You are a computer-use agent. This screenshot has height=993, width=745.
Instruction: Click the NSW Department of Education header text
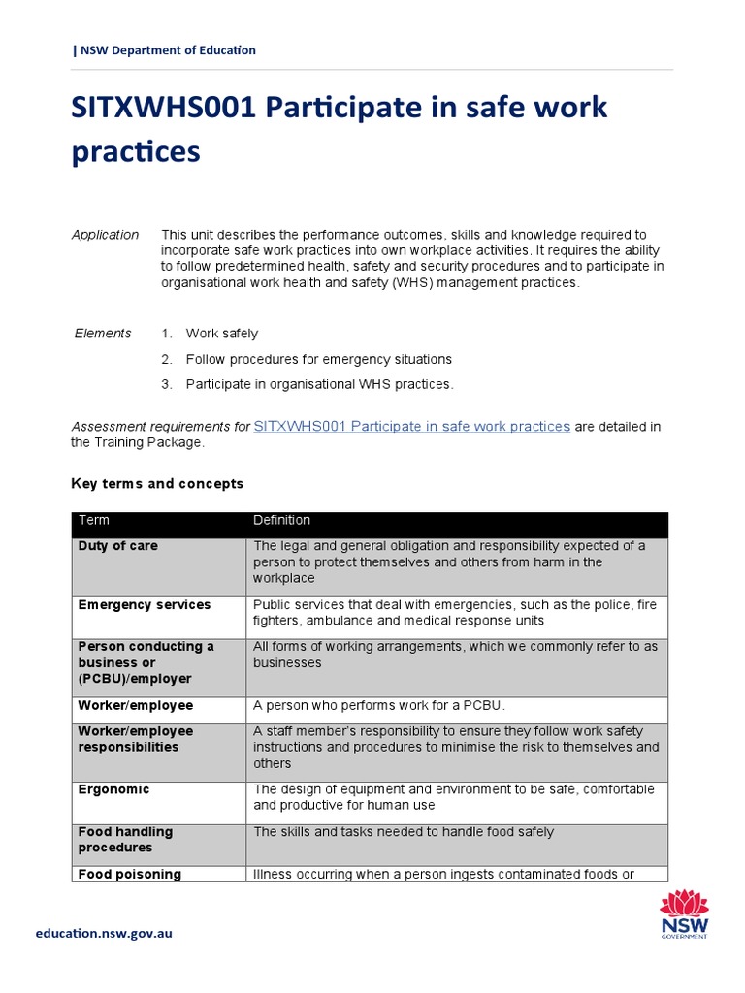click(x=167, y=50)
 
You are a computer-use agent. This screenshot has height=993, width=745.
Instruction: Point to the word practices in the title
click(x=136, y=151)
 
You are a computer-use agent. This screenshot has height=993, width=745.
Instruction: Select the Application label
click(x=106, y=235)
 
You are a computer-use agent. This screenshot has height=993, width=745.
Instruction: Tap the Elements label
click(x=103, y=334)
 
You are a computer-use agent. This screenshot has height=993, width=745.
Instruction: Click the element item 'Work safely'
click(x=222, y=334)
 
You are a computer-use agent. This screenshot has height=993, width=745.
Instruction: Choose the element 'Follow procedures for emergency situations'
click(x=319, y=359)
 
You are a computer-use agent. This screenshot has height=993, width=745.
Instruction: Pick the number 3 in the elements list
click(x=166, y=384)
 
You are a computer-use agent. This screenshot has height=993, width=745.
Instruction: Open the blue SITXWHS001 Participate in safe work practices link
click(x=411, y=426)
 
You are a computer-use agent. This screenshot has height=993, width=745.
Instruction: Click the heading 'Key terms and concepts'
click(x=157, y=483)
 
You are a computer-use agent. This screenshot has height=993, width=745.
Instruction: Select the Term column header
click(x=94, y=521)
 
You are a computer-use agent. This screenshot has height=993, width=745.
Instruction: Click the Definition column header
click(x=282, y=521)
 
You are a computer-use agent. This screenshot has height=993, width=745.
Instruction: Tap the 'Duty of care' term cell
click(x=118, y=546)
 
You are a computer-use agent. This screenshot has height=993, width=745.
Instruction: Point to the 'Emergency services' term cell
click(x=144, y=605)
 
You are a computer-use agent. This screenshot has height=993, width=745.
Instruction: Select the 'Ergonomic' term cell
click(x=113, y=789)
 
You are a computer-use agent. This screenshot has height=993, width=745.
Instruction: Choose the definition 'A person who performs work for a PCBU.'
click(x=379, y=705)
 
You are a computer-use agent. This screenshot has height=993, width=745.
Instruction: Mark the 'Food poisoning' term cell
click(x=130, y=874)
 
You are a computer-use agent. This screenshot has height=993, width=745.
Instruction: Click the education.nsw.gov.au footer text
click(x=104, y=933)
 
